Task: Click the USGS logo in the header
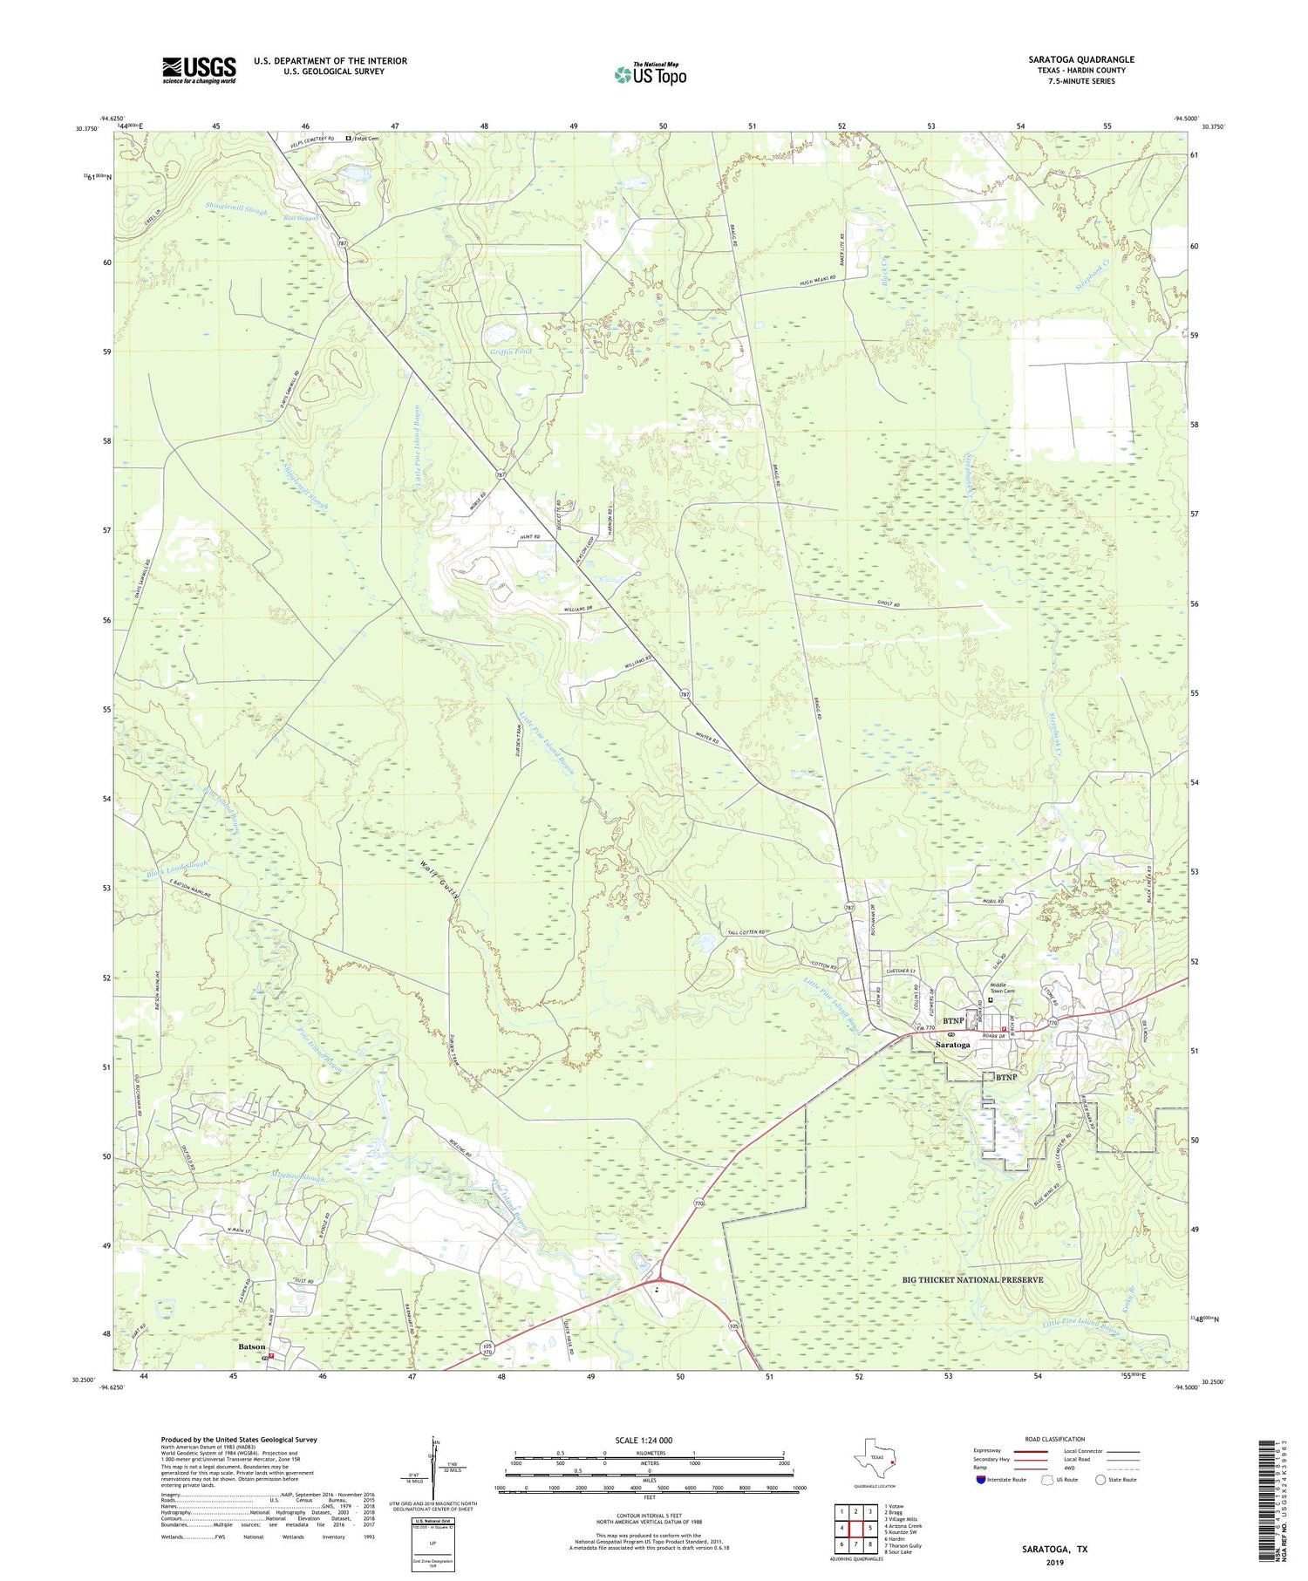199,70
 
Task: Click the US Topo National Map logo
650,74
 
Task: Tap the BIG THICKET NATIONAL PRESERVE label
972,1279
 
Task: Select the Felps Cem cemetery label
367,138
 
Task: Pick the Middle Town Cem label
1003,989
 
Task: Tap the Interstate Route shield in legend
982,1479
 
